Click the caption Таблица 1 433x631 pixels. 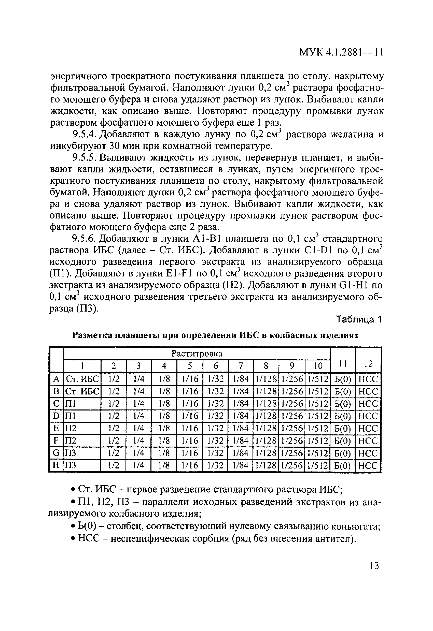point(359,319)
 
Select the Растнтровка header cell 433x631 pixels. point(197,354)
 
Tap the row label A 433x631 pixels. point(57,378)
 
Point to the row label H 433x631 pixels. point(56,465)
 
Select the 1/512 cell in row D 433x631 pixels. point(318,416)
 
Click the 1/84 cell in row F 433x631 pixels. point(241,441)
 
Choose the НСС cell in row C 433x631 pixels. point(368,403)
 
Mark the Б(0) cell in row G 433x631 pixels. point(342,453)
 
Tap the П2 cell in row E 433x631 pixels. point(71,429)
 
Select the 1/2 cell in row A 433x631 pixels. point(114,378)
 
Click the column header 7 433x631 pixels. point(241,366)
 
